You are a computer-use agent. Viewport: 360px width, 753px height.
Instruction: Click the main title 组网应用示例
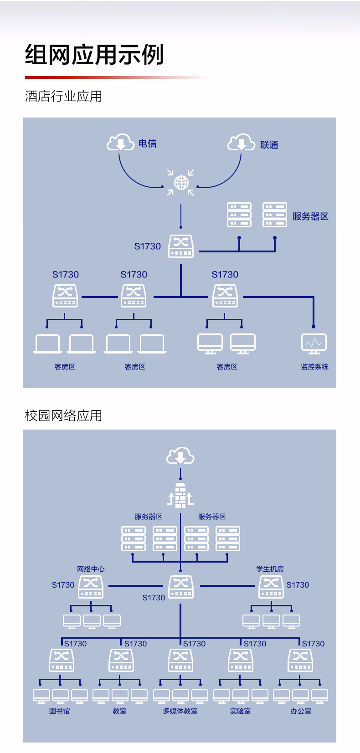click(x=94, y=55)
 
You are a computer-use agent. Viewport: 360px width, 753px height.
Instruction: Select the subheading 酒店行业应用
click(x=63, y=96)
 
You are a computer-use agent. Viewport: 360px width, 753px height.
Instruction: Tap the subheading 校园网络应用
click(x=63, y=415)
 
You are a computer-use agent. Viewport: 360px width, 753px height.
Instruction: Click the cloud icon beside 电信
click(x=120, y=142)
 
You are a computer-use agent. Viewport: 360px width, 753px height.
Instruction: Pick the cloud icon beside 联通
click(x=241, y=142)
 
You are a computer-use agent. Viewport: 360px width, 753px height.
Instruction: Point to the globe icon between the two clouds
click(x=181, y=183)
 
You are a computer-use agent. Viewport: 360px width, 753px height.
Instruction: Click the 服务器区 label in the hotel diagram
click(x=310, y=216)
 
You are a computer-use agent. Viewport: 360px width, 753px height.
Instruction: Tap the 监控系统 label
click(x=314, y=367)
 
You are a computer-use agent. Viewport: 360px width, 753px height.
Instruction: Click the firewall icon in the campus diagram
click(x=180, y=495)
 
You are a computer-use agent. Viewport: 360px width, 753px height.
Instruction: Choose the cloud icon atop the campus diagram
click(x=180, y=456)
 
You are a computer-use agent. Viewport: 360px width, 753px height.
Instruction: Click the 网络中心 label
click(x=91, y=569)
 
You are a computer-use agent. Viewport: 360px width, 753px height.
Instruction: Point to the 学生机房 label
click(x=270, y=569)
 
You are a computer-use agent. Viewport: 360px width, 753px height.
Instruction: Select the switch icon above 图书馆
click(x=62, y=660)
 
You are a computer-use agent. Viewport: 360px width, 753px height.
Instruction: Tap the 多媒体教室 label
click(x=180, y=711)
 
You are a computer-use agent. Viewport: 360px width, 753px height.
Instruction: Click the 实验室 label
click(x=240, y=711)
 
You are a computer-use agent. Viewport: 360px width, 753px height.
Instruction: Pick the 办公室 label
click(x=301, y=711)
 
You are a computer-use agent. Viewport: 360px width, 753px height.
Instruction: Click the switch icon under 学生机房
click(x=271, y=587)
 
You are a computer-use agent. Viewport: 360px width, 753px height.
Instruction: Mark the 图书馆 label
click(x=60, y=711)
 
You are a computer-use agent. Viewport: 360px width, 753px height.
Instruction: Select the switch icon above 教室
click(x=121, y=660)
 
